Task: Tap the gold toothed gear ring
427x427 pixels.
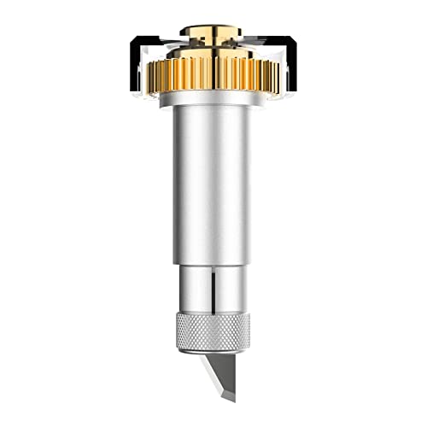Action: click(x=213, y=73)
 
